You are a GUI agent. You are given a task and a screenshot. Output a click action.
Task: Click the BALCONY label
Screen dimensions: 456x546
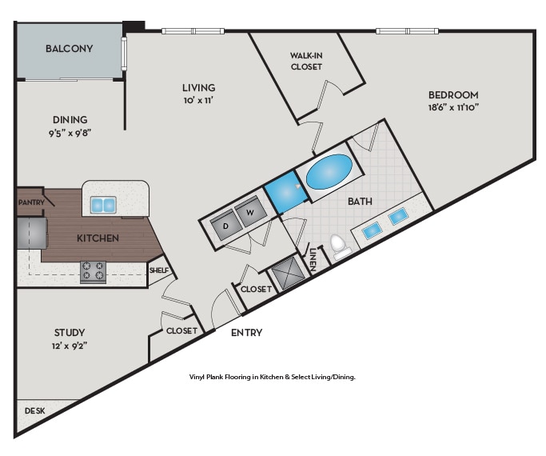pos(69,49)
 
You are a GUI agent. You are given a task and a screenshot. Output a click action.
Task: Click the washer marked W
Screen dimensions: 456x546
pos(250,213)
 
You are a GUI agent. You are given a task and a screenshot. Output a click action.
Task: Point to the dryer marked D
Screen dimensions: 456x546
pos(225,226)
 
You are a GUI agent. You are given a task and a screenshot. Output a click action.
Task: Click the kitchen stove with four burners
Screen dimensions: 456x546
pos(94,272)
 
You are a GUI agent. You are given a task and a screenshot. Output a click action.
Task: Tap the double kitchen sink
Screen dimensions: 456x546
pos(103,205)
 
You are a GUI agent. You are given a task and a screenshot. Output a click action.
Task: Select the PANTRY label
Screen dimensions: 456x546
pos(30,203)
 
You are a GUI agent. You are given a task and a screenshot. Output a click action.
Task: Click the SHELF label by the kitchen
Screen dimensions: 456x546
pos(159,270)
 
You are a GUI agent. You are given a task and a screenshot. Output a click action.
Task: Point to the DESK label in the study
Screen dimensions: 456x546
pos(34,410)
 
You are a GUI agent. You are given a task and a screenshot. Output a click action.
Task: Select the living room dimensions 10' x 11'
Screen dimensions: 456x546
pos(199,101)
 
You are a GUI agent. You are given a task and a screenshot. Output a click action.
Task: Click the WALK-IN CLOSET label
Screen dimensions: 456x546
pos(305,61)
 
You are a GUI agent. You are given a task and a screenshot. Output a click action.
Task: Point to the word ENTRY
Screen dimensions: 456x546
pos(246,333)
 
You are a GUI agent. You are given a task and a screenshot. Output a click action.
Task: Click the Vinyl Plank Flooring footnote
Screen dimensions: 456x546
pos(272,377)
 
